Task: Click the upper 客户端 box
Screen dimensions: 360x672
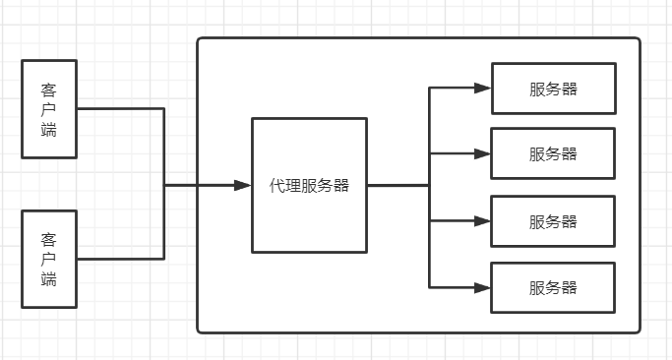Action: (x=48, y=108)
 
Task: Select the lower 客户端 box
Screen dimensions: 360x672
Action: (x=48, y=259)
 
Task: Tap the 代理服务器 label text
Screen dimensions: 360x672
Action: (x=309, y=186)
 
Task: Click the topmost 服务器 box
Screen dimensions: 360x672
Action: (x=553, y=89)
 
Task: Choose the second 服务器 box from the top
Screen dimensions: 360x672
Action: (x=553, y=153)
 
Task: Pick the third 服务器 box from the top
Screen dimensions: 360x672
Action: (x=553, y=221)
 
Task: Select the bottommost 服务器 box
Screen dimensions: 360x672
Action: (x=553, y=287)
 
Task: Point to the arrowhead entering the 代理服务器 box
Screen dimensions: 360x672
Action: (x=243, y=185)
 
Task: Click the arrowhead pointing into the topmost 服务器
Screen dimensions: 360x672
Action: (x=482, y=88)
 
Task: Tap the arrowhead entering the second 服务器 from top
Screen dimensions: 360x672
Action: (x=482, y=153)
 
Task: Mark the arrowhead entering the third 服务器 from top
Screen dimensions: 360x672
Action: (x=482, y=221)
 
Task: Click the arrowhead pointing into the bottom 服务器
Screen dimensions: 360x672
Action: (x=482, y=287)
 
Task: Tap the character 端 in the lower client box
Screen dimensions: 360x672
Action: (x=48, y=279)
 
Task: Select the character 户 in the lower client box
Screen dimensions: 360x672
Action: (x=48, y=259)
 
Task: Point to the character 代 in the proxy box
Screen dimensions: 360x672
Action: (x=276, y=186)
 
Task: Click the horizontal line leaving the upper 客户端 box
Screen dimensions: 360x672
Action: (x=118, y=108)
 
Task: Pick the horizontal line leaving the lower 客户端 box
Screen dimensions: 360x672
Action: (x=118, y=259)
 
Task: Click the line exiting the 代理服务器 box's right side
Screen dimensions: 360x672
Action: (x=397, y=185)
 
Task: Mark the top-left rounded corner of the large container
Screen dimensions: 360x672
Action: (x=201, y=41)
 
